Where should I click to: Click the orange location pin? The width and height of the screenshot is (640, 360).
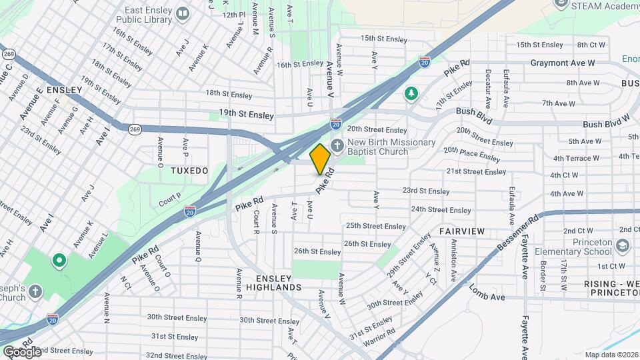(x=320, y=159)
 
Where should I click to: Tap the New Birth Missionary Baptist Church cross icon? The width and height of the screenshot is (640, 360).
(x=338, y=145)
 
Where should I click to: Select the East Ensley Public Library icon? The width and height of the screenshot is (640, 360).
(x=182, y=13)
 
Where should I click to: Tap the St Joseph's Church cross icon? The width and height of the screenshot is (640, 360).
(x=35, y=291)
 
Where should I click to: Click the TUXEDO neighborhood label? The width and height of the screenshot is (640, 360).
(x=189, y=171)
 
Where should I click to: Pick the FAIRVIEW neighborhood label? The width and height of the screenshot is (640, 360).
(x=461, y=231)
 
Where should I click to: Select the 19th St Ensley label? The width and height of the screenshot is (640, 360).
(x=246, y=115)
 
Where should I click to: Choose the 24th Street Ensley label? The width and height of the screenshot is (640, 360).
(x=441, y=209)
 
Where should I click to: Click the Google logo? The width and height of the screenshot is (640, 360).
(x=22, y=351)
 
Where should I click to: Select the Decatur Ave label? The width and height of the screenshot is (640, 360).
(x=488, y=89)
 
